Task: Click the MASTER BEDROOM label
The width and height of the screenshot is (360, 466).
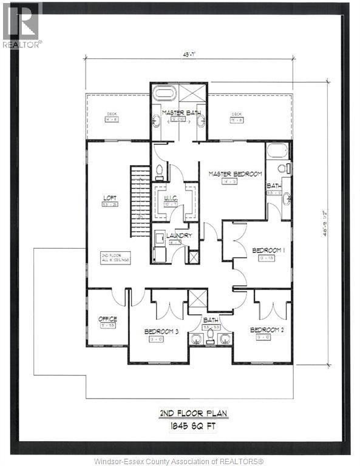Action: (x=235, y=174)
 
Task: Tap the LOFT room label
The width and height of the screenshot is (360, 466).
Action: (x=110, y=198)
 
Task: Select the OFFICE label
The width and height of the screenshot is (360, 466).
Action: (x=107, y=319)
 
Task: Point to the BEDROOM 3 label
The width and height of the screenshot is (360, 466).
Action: (x=161, y=331)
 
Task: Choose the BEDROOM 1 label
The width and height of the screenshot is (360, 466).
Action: (x=268, y=250)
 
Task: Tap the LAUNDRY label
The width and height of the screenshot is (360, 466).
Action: (x=179, y=235)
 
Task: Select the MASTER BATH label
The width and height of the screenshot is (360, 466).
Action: (x=180, y=112)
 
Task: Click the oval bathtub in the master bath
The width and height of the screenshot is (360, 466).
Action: (x=163, y=94)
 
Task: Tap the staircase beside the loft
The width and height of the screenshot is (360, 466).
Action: (x=140, y=203)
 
